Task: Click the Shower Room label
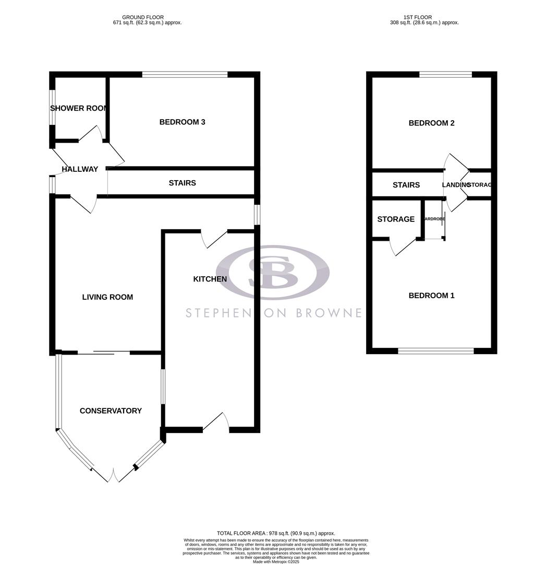click(x=79, y=108)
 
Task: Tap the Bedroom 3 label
click(x=182, y=122)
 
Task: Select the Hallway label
click(x=80, y=169)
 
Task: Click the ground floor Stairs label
click(x=183, y=183)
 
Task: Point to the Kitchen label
click(x=210, y=279)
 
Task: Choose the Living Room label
click(x=107, y=297)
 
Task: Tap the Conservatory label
click(x=111, y=411)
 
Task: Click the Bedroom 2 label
click(x=431, y=123)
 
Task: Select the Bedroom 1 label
click(x=431, y=296)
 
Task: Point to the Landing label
click(x=456, y=185)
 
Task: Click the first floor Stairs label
click(x=406, y=185)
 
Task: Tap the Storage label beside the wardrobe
click(x=396, y=219)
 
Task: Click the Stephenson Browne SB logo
click(x=273, y=272)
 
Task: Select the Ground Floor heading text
click(x=148, y=20)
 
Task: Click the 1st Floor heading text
click(x=424, y=20)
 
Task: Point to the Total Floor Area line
click(x=276, y=533)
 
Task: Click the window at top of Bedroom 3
click(x=185, y=75)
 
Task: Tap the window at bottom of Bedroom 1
click(x=435, y=351)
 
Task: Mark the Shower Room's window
click(x=52, y=108)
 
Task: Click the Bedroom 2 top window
click(x=446, y=75)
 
